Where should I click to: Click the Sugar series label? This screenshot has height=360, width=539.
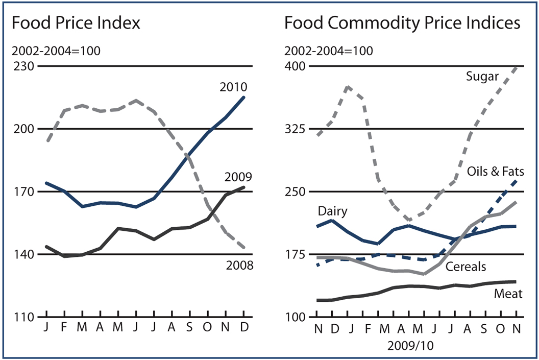[482, 77]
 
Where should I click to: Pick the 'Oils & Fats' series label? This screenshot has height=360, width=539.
[495, 171]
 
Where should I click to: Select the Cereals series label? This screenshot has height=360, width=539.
[465, 267]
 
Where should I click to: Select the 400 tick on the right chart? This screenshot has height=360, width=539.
[295, 66]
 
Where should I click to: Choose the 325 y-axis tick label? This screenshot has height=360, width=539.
[295, 129]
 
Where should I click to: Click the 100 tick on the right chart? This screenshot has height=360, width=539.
[295, 317]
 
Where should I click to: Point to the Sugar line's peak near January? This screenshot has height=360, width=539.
[348, 87]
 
